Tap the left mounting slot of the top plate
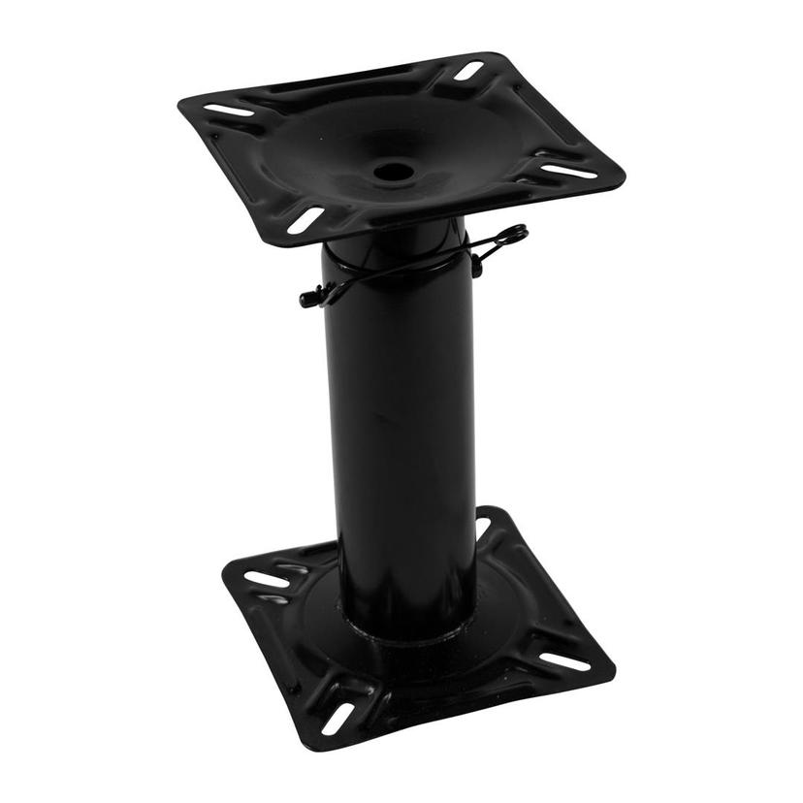[230, 111]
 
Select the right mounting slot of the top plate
[569, 171]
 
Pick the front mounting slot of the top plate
[305, 219]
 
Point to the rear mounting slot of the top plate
[469, 71]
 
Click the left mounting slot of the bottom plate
[267, 579]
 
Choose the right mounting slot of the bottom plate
[564, 661]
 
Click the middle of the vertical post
[401, 427]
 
